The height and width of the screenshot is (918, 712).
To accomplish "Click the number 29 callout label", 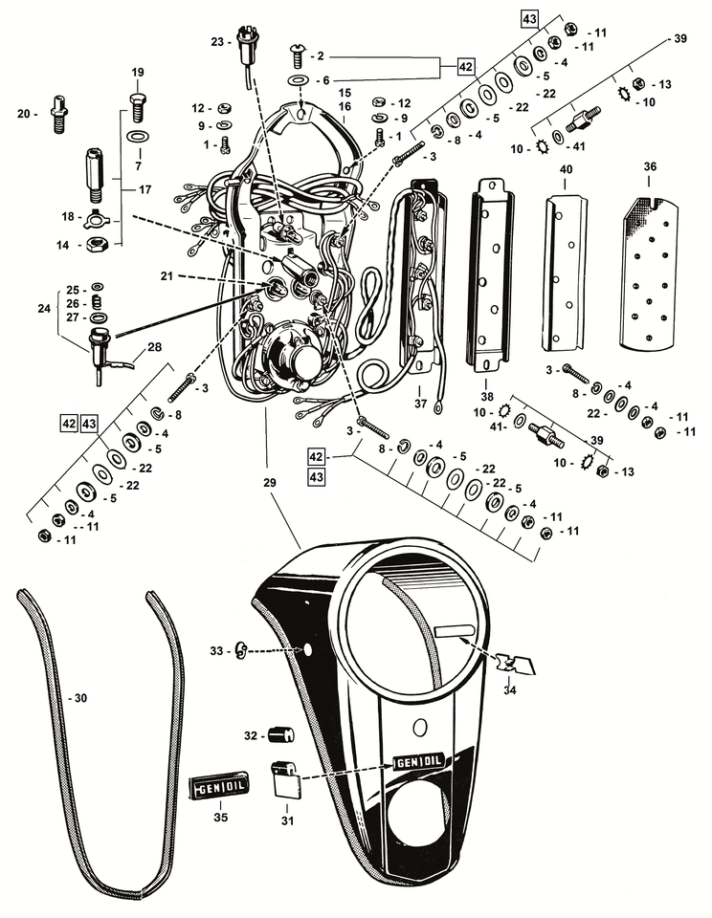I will pyautogui.click(x=269, y=484).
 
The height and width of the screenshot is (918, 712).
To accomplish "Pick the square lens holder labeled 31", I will pyautogui.click(x=284, y=779).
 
